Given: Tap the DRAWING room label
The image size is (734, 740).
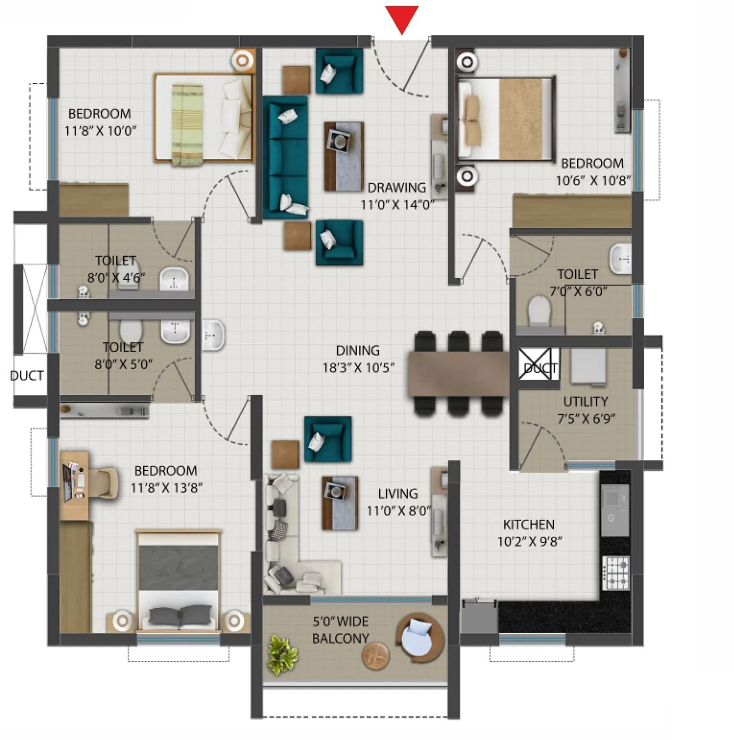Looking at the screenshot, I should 397,188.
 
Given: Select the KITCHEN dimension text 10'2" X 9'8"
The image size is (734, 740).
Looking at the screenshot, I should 529,541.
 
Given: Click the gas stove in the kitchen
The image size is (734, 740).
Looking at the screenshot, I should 616,573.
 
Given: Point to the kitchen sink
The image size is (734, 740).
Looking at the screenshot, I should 615,503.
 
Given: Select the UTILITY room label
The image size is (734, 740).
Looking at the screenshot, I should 585,401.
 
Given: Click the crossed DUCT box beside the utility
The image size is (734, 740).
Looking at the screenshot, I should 535,364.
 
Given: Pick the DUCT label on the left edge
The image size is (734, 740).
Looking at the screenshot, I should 27,376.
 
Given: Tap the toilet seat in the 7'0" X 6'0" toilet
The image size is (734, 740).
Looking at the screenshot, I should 539,311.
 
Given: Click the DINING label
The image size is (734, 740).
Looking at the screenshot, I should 358,351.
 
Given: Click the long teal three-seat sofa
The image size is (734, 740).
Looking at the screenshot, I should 286,157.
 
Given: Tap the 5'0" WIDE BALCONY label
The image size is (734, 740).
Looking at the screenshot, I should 341,630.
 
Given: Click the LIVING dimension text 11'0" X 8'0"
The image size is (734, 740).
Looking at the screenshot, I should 399,511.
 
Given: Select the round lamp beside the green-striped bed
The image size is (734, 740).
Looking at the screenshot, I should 243,60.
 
